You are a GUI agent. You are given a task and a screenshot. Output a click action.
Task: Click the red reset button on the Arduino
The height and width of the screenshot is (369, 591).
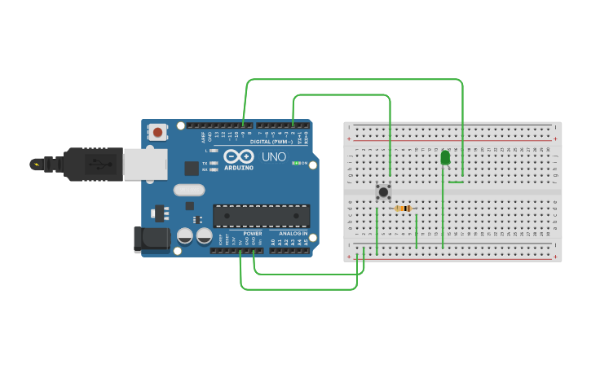pos(157,130)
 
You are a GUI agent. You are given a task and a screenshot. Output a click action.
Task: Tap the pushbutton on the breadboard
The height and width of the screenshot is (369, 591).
pos(383,192)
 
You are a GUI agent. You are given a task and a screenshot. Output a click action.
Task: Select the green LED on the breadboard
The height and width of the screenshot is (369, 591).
pos(445,157)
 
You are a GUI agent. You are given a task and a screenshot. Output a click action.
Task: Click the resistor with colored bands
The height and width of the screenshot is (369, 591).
pos(404,209)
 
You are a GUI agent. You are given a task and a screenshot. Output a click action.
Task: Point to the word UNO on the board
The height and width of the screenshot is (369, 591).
pos(273,156)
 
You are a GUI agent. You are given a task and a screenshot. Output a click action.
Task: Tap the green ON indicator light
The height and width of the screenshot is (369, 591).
pos(296,163)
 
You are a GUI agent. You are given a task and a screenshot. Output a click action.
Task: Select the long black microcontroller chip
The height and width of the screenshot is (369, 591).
pos(262,215)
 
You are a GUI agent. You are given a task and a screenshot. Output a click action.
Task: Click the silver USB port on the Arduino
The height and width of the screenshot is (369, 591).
pos(145,164)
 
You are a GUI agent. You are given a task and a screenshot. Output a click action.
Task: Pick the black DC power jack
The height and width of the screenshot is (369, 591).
pos(151,239)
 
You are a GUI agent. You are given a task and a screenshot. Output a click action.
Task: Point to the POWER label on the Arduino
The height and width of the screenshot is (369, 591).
pos(252,234)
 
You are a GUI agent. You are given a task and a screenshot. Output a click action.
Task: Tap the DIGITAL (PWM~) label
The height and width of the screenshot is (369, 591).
pos(271,141)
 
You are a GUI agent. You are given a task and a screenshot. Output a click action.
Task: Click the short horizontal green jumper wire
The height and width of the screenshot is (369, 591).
pos(456,182)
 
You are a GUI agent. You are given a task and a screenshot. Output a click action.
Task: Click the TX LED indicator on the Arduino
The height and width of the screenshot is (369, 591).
pos(214,163)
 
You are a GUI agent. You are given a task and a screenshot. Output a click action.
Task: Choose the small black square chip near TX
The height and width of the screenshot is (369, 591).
pos(192,168)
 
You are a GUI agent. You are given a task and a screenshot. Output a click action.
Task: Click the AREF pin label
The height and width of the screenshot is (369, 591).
pos(204,137)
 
